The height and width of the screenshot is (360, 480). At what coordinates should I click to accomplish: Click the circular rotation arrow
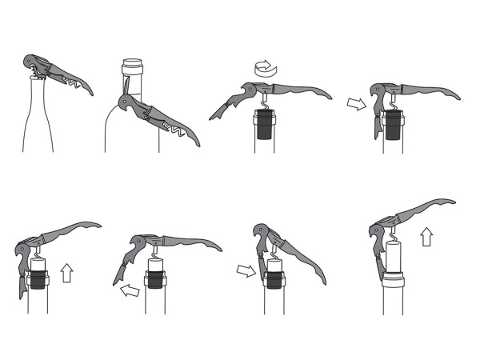click(x=264, y=70)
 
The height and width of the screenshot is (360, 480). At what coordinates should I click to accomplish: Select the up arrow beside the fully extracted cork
click(x=426, y=237)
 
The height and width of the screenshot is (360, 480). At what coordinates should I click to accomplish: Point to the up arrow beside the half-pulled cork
click(x=67, y=273)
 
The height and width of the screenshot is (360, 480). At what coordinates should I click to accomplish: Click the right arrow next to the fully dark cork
click(x=353, y=103)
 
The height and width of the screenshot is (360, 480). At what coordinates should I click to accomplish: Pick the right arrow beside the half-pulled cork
click(x=244, y=271)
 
